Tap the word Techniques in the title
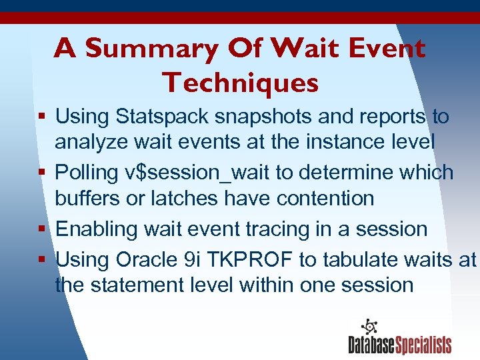240,83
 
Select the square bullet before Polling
41,173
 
